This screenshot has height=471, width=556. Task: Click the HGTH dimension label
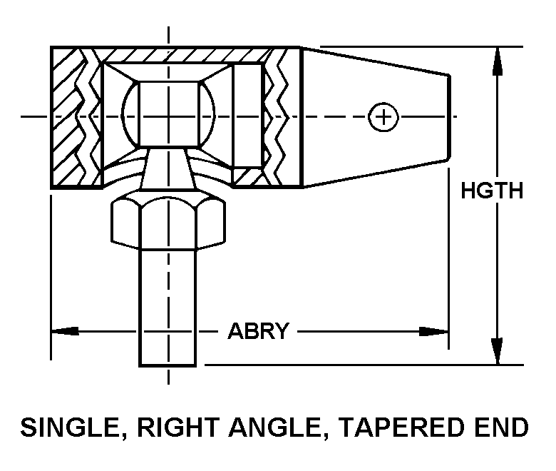click(x=492, y=191)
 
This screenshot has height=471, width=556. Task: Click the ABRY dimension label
click(x=258, y=331)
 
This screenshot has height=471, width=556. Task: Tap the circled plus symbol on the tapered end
click(x=383, y=116)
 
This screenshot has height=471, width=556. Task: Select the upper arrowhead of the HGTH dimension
click(x=498, y=60)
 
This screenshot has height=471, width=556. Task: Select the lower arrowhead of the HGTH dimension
click(x=498, y=351)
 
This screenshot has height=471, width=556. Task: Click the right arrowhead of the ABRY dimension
click(x=436, y=331)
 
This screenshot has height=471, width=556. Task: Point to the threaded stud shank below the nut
click(x=168, y=307)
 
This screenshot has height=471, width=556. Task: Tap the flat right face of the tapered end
click(x=449, y=116)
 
